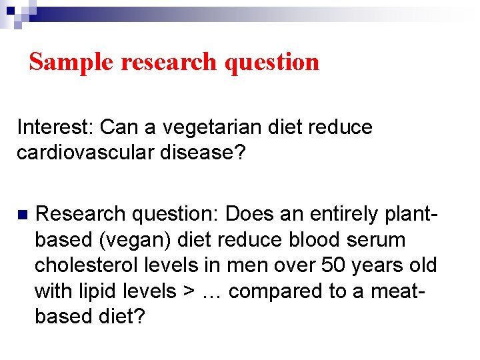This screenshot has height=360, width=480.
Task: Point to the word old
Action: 421,265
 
